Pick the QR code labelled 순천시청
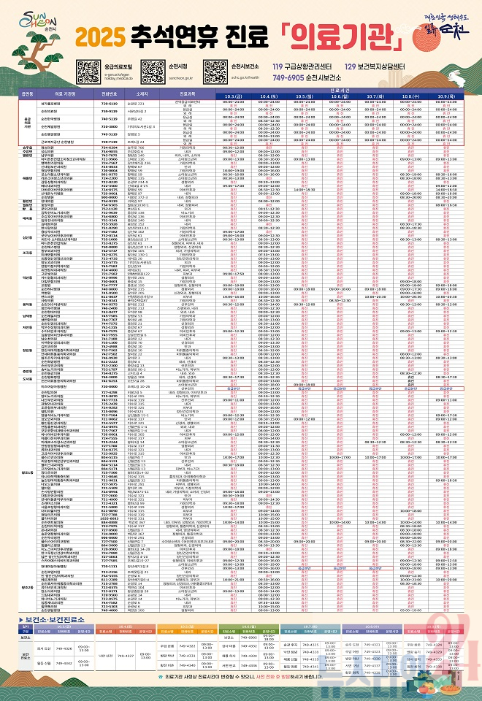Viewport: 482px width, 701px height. pos(153,70)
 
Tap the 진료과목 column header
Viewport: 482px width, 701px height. pos(185,94)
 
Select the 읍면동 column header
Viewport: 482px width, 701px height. pos(27,94)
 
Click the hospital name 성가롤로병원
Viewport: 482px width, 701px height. pos(60,103)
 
